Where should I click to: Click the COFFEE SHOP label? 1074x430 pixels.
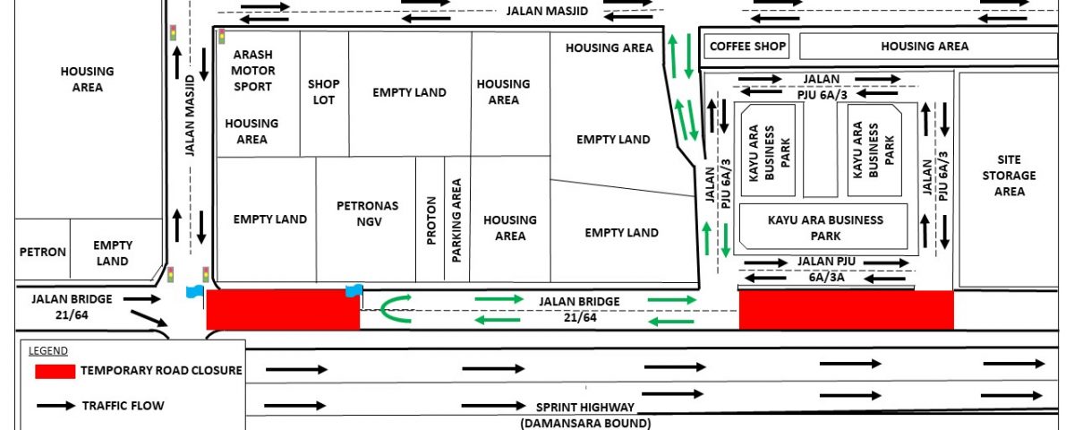(x=747, y=46)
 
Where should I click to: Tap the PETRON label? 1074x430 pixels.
(x=43, y=252)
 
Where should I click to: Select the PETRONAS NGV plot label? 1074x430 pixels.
(x=368, y=213)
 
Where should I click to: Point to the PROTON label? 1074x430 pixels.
(x=431, y=220)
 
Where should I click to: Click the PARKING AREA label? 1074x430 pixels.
(x=456, y=220)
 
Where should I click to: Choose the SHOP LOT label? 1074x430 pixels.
(x=324, y=91)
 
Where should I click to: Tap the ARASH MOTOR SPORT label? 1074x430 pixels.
(x=252, y=71)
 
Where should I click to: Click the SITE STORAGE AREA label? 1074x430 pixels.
(x=1009, y=176)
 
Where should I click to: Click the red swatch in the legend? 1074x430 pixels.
(x=55, y=372)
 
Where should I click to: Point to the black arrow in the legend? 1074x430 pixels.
(x=55, y=406)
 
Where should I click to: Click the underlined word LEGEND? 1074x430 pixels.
(x=48, y=351)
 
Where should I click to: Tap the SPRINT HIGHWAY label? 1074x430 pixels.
(x=585, y=408)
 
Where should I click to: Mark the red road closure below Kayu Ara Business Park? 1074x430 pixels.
(x=847, y=310)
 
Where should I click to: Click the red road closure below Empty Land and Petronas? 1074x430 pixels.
(x=283, y=310)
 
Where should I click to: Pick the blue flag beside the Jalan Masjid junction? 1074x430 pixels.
(x=195, y=292)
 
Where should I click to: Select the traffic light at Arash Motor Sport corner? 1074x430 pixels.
(x=222, y=37)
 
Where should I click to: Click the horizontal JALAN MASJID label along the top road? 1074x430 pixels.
(x=547, y=11)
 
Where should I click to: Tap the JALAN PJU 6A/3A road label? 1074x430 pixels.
(x=827, y=270)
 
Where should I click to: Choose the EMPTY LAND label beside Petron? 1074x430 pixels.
(x=113, y=253)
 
